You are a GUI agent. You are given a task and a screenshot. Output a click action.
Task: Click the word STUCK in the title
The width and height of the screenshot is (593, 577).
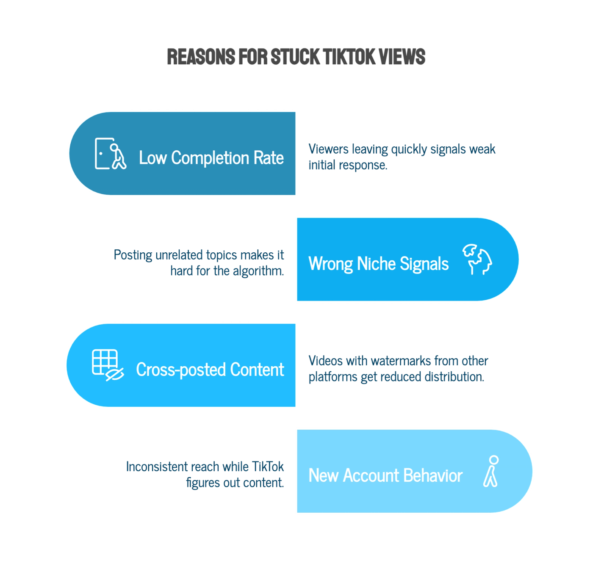click(295, 57)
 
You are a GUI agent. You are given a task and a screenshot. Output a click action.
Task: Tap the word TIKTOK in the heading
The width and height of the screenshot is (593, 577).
click(349, 57)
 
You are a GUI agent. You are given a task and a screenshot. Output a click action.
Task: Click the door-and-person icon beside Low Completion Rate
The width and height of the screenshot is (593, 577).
click(111, 154)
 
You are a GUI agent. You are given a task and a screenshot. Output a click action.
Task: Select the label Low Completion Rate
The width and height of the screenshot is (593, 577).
click(211, 158)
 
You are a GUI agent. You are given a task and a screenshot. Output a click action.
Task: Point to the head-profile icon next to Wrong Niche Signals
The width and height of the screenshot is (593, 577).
click(477, 260)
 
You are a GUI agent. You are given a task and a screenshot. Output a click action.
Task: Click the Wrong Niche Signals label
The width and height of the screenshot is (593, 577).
click(379, 264)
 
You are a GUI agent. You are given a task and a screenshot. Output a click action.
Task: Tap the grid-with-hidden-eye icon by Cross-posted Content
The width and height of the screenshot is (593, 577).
click(108, 365)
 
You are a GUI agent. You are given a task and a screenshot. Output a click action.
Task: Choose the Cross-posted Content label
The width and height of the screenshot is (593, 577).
click(210, 370)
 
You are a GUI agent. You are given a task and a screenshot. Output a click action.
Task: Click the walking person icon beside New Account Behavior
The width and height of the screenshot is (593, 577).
click(491, 471)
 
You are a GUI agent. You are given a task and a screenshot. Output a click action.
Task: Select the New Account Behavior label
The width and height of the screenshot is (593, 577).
click(385, 475)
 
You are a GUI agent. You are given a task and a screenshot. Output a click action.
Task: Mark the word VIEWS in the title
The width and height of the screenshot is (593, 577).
click(402, 57)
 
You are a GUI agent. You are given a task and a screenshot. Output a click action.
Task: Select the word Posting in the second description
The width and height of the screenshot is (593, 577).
click(133, 255)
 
